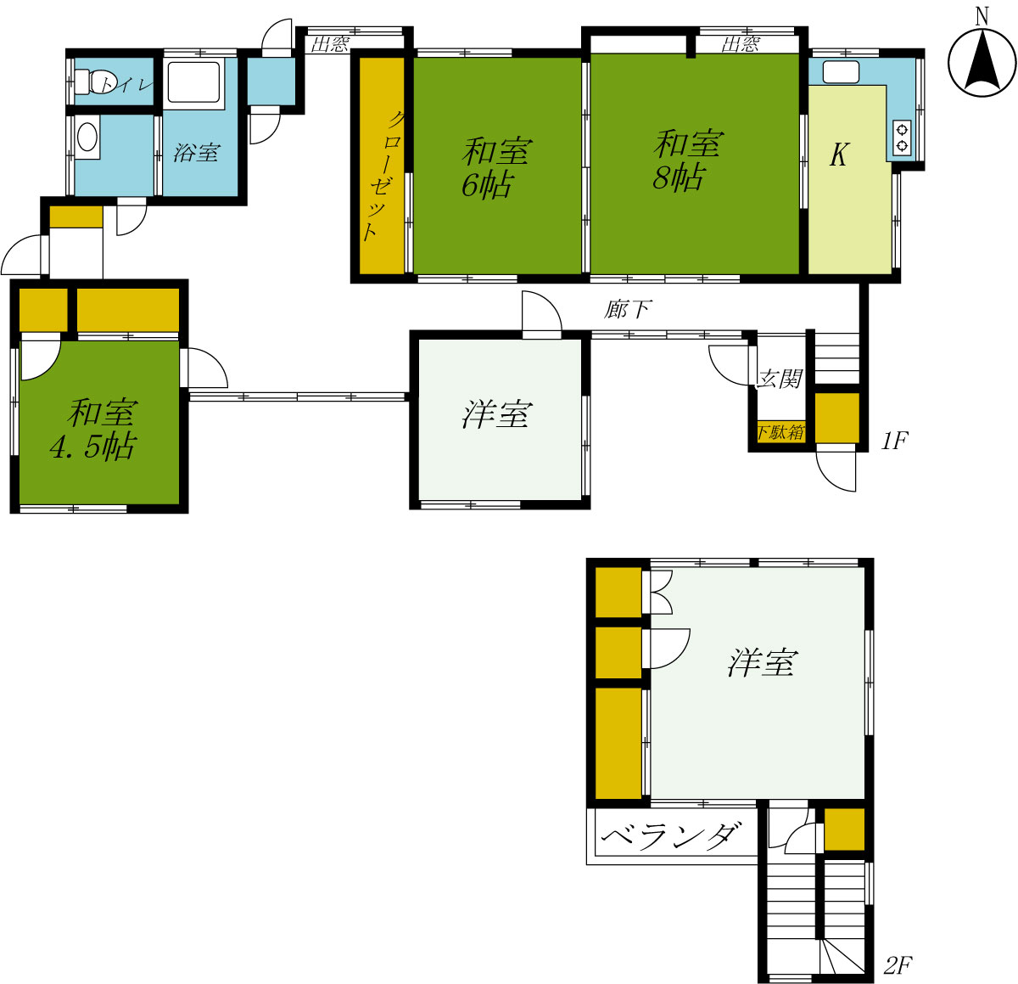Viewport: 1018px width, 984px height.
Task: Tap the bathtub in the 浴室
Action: [193, 82]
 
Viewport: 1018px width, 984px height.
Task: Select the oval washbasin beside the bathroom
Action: [87, 138]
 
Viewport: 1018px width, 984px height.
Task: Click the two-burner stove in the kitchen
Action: [901, 138]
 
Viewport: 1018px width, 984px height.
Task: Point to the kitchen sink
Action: [841, 71]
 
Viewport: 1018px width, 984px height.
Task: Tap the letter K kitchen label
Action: [838, 155]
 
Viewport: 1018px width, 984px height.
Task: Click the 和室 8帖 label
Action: [685, 160]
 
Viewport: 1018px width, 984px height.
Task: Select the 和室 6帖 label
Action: [495, 168]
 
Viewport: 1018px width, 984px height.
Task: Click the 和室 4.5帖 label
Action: [95, 430]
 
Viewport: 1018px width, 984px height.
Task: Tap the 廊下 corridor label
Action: [628, 309]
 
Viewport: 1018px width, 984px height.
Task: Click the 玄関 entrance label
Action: [780, 379]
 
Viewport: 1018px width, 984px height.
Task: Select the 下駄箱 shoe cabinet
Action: [780, 432]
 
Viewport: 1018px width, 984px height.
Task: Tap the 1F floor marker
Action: [893, 441]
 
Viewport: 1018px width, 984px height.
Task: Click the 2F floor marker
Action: [898, 965]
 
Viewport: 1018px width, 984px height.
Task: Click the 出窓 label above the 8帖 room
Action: [741, 44]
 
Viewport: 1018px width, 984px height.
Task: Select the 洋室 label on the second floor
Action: [763, 662]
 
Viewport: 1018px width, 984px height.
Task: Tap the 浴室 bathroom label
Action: [196, 153]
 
